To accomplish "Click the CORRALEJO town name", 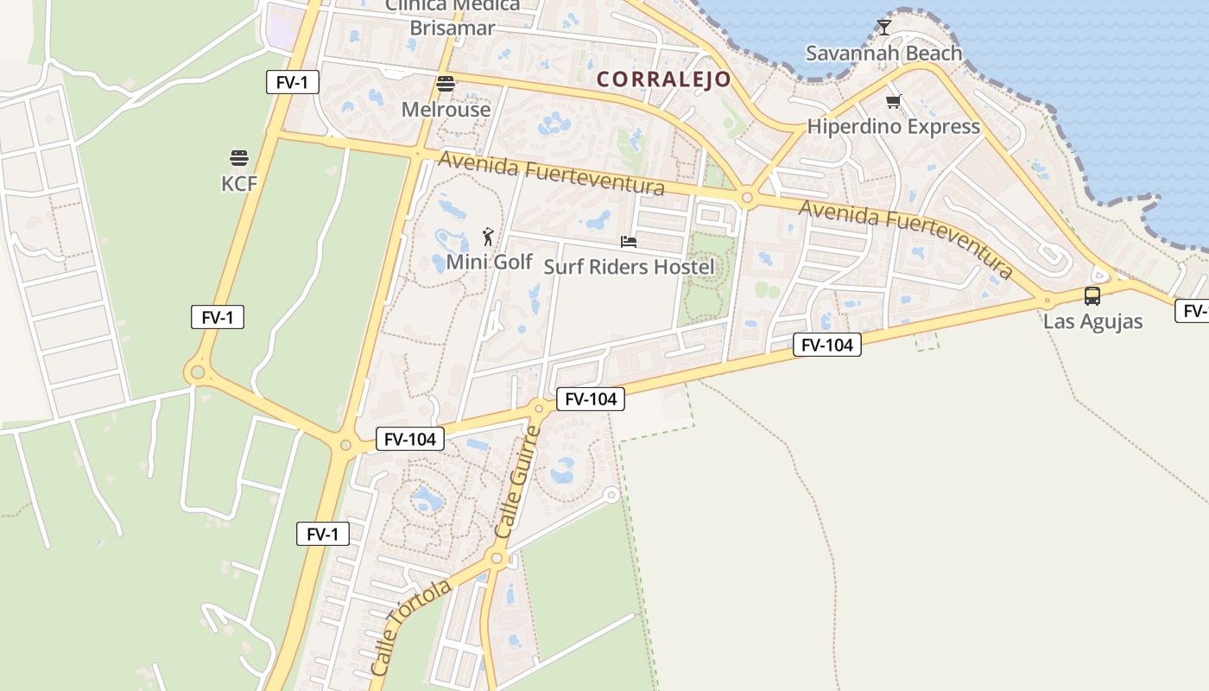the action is point(664,79).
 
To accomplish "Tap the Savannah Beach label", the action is point(883,54).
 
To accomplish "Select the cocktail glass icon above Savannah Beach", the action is point(883,28).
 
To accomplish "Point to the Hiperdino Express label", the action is point(893,127).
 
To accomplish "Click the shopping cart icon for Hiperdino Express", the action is point(893,102).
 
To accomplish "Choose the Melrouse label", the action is point(446,110).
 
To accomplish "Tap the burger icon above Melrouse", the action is point(446,84).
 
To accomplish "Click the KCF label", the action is point(239,183).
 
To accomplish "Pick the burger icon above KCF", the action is point(239,158).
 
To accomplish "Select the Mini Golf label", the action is point(489,262).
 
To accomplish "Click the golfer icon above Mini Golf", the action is point(488,237).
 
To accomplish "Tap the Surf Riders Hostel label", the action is point(629,267).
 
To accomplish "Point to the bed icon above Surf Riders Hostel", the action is point(629,242).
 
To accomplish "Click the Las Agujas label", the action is point(1092,321).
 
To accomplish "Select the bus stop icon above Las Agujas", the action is point(1092,296).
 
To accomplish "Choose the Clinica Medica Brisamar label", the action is point(453,17).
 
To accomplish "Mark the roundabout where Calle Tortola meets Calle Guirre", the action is point(497,559).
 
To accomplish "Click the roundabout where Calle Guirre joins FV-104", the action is point(539,409).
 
